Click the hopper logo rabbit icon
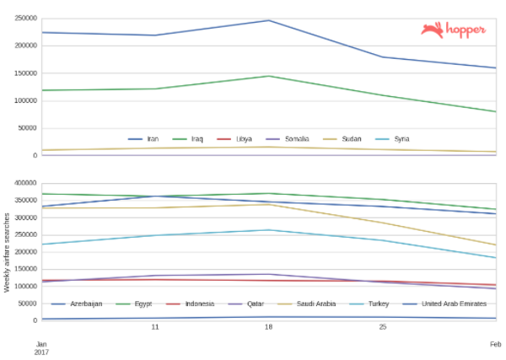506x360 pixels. pyautogui.click(x=433, y=30)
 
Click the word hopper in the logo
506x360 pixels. pyautogui.click(x=465, y=30)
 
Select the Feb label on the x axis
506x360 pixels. pyautogui.click(x=496, y=344)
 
